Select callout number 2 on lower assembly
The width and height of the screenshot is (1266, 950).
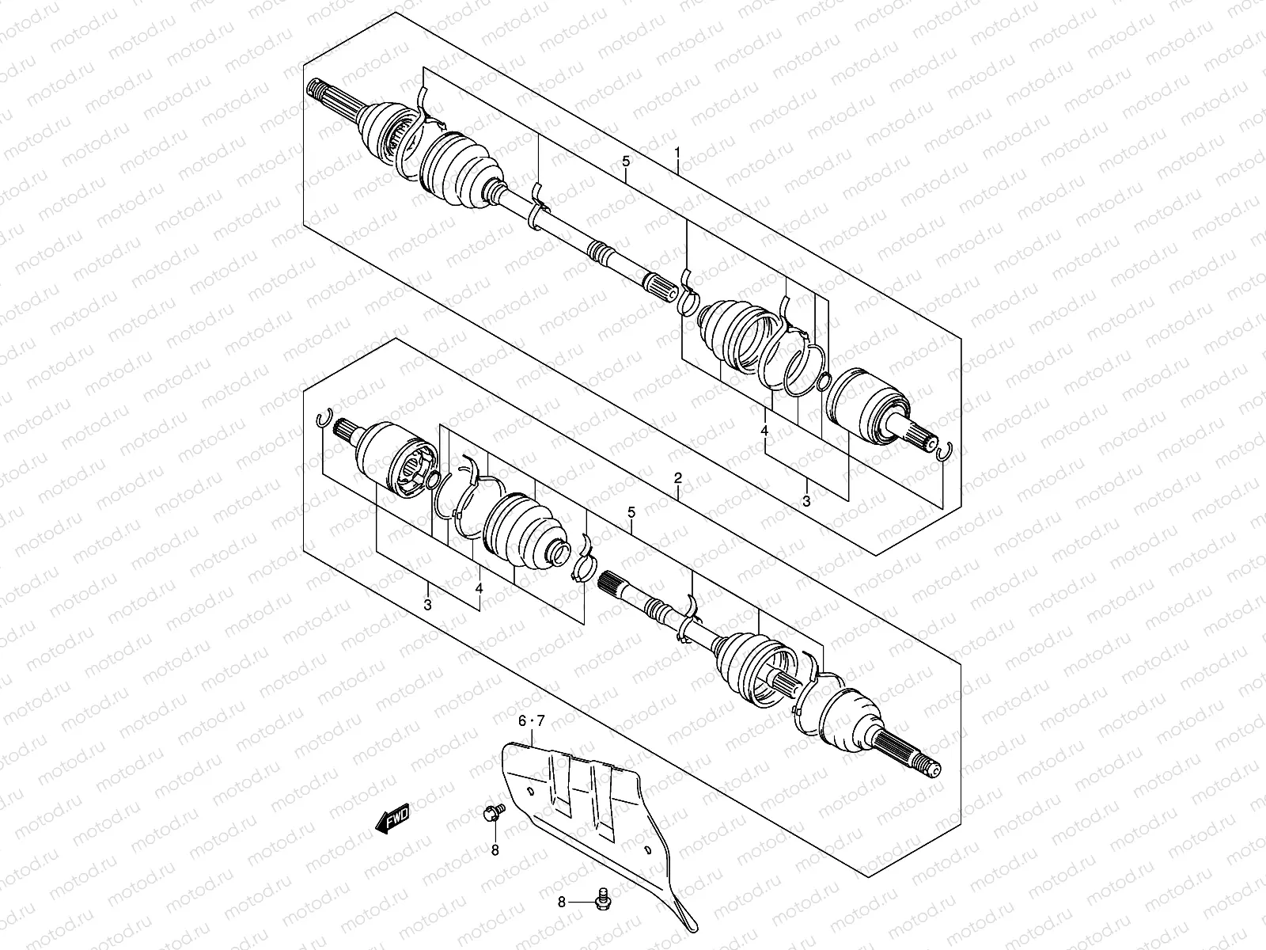678,478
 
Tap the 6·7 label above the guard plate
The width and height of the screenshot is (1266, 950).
532,721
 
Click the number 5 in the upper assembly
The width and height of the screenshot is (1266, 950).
625,161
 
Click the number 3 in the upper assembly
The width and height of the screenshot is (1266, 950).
806,501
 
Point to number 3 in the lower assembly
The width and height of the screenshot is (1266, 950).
427,606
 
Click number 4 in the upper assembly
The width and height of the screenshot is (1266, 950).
764,431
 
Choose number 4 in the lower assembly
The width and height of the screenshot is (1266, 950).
479,588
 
